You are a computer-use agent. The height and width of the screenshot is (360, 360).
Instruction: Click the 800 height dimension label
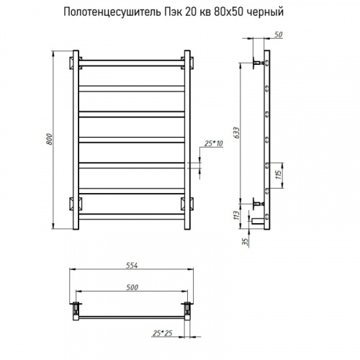(x=49, y=139)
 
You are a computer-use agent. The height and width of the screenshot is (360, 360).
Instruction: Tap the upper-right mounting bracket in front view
(x=189, y=60)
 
